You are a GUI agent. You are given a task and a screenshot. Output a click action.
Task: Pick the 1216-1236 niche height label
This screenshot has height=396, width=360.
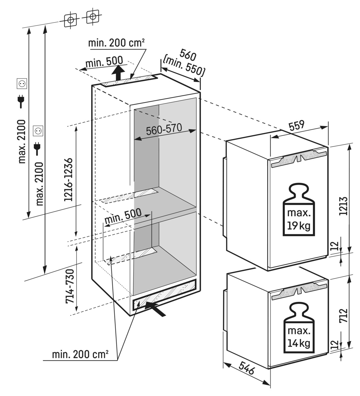(x=68, y=180)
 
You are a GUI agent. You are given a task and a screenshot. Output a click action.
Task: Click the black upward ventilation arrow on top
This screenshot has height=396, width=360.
(x=118, y=72)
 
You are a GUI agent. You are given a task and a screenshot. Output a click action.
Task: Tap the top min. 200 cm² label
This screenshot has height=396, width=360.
(x=116, y=43)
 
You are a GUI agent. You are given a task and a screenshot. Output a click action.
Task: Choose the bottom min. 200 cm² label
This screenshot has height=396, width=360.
(x=80, y=355)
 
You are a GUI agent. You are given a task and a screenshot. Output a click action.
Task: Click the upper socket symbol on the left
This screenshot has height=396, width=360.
(x=22, y=84)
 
